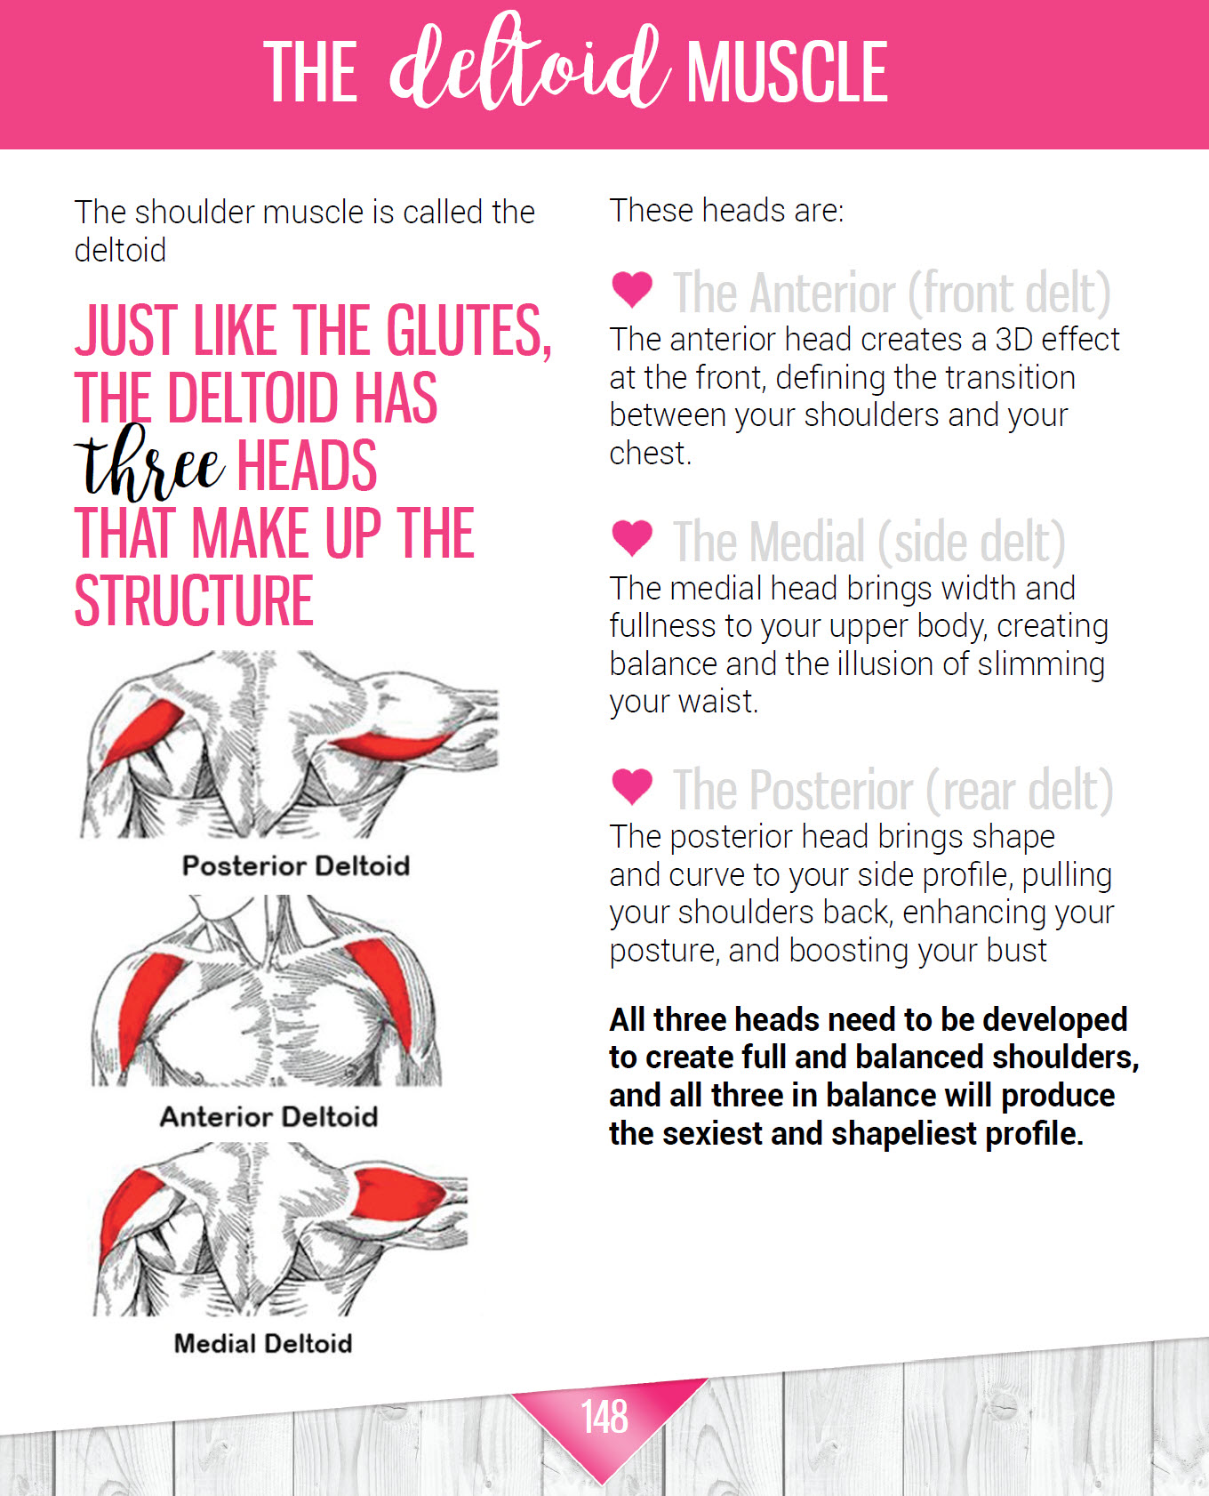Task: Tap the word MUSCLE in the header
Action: tap(787, 72)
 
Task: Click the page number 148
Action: tap(604, 1416)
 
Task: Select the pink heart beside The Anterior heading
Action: tap(632, 288)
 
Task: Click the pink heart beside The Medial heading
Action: tap(632, 537)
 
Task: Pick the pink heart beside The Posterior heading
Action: tap(632, 785)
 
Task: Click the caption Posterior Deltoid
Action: tap(295, 865)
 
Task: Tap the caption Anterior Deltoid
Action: tap(268, 1116)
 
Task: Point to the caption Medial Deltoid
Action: tap(263, 1343)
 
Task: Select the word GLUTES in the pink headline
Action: tap(468, 330)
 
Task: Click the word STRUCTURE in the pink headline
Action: tap(194, 601)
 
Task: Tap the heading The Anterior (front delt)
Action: tap(892, 293)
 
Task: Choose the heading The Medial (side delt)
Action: tap(869, 542)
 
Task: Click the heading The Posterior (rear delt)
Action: tap(893, 790)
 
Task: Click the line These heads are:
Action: tap(726, 211)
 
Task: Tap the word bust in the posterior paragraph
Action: tap(1019, 951)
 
